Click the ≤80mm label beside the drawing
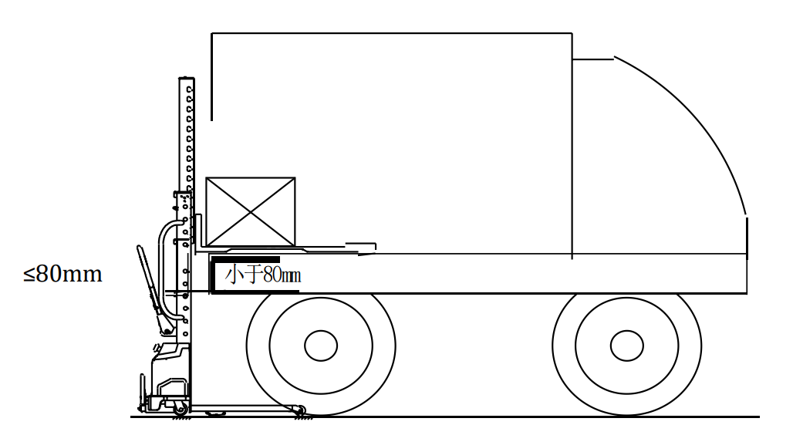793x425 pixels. [x=62, y=274]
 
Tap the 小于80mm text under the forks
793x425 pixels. [x=263, y=275]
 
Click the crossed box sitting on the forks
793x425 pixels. [x=251, y=212]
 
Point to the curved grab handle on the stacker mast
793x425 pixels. [x=163, y=268]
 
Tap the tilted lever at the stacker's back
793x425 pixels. [x=151, y=289]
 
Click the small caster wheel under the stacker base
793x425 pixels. [x=180, y=408]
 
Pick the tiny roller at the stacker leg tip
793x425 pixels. [x=300, y=410]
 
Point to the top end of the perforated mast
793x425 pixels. [x=186, y=79]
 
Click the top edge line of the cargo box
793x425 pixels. [x=391, y=33]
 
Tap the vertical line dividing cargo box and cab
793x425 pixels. [x=572, y=146]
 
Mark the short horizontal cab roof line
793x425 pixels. [x=592, y=59]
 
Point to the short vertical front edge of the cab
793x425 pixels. [x=747, y=235]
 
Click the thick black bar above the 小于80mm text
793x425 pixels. [x=246, y=260]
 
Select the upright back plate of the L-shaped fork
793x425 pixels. [x=197, y=232]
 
